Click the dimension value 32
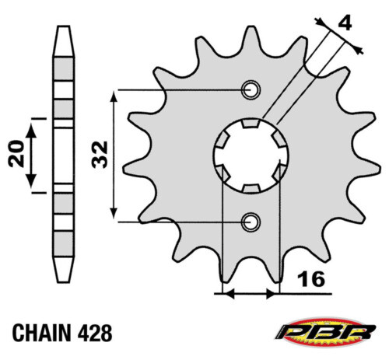[99, 156]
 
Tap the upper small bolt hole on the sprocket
[251, 89]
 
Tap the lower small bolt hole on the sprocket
[251, 222]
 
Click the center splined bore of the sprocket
[251, 156]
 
